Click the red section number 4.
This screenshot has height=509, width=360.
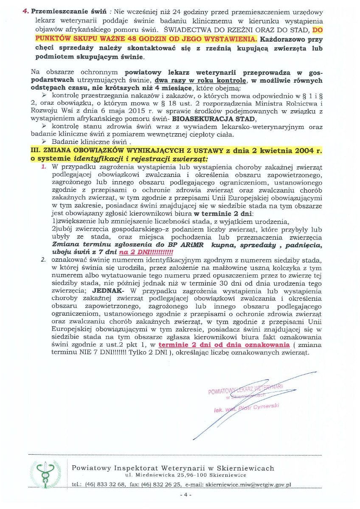[x=25, y=12]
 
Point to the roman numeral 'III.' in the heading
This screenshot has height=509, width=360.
[x=37, y=150]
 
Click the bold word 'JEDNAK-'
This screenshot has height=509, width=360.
[x=108, y=291]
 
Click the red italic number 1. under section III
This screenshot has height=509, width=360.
[x=44, y=167]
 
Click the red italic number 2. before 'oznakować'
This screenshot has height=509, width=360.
[x=44, y=259]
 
